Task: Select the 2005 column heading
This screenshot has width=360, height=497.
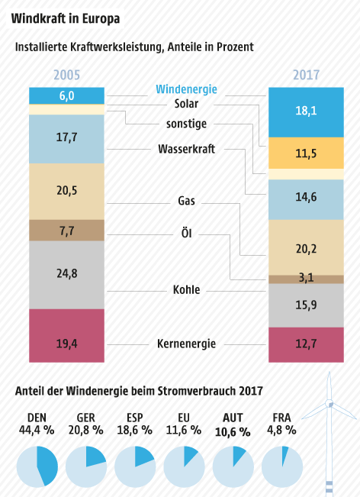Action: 66,76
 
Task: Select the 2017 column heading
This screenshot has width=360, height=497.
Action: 306,76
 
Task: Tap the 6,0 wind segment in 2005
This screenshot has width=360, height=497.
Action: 66,95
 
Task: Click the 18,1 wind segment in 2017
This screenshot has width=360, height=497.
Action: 306,111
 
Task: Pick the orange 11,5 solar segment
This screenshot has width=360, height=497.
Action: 306,153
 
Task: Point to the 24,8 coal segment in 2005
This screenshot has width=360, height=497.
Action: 66,274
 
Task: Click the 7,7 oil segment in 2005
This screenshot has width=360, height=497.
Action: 66,230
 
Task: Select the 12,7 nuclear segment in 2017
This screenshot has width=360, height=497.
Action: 306,344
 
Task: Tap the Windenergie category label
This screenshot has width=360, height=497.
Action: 186,89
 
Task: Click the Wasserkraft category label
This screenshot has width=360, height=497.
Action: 186,149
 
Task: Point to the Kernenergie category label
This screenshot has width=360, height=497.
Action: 186,344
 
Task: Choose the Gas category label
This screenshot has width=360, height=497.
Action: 186,202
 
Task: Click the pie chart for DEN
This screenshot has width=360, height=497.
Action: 36,466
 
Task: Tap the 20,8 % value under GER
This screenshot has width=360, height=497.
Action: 85,430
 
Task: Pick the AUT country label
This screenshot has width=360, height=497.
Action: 232,418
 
